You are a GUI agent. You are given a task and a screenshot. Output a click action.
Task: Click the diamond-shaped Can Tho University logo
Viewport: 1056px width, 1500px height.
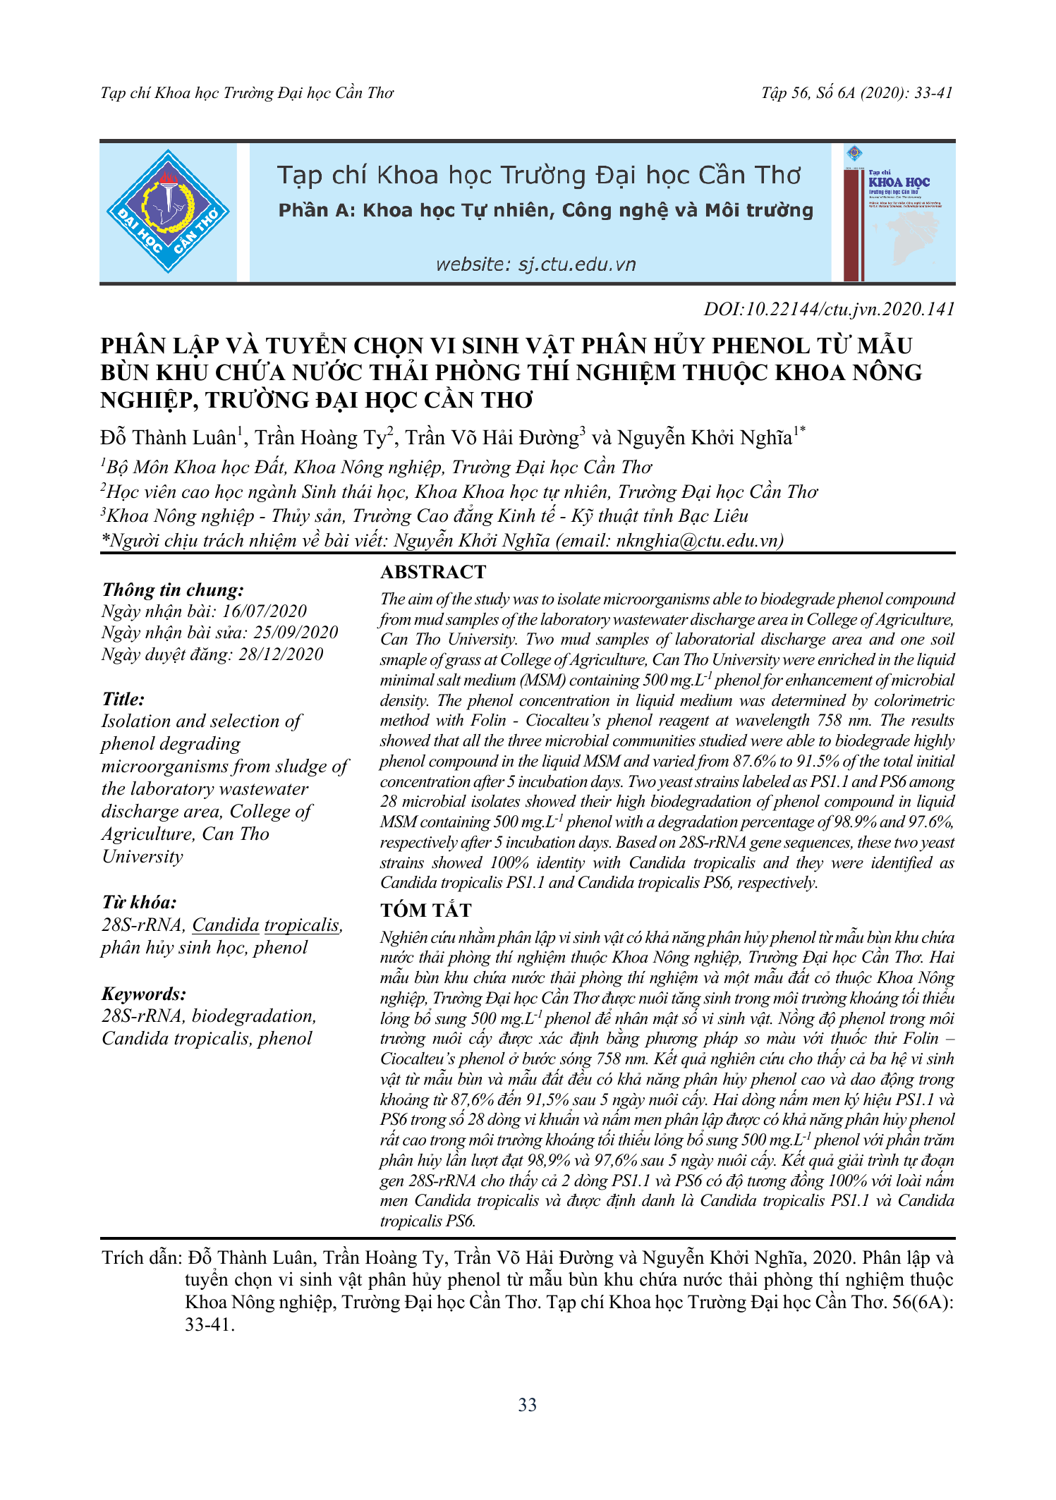pos(168,211)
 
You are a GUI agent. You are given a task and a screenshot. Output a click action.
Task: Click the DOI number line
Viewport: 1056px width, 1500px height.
pos(829,309)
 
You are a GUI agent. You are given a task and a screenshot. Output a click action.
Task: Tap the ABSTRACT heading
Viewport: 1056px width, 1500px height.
pos(433,572)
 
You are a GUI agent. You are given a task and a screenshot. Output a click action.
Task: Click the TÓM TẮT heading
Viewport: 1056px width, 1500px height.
pos(425,910)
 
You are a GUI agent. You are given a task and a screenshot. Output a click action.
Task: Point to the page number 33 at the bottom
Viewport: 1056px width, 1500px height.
pos(527,1405)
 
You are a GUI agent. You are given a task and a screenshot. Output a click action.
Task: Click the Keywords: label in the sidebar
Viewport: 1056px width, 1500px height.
pos(144,994)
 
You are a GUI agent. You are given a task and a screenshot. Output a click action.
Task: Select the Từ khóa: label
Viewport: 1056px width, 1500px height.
pos(139,903)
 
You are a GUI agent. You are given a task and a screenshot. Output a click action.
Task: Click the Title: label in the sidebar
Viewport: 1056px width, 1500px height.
pos(123,699)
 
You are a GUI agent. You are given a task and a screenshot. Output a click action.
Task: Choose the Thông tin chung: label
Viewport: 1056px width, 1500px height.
pos(173,590)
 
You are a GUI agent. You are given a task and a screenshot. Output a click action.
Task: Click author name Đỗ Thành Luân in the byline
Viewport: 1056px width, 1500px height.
pos(169,438)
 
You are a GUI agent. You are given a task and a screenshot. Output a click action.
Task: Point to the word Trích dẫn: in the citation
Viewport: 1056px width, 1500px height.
pos(142,1258)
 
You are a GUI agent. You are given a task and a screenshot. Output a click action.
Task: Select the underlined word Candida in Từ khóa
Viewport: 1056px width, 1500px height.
pos(226,925)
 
